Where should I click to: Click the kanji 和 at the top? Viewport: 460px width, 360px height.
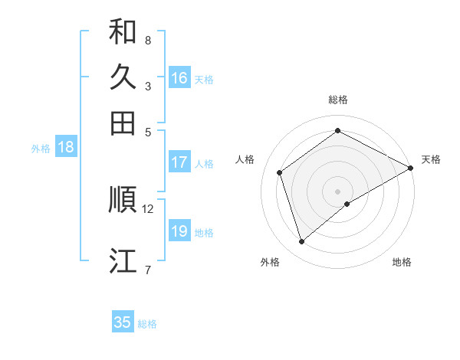[123, 31]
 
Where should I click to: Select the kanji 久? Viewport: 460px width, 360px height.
[123, 77]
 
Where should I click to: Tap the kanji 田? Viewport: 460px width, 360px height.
[123, 123]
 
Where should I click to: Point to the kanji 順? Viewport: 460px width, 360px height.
[123, 199]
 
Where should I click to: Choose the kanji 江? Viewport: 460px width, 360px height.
[123, 260]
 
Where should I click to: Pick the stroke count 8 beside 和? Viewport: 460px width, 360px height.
[148, 40]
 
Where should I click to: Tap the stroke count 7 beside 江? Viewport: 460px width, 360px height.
[148, 270]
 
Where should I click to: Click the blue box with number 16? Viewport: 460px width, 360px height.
[179, 78]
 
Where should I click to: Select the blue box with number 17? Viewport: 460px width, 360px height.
[179, 162]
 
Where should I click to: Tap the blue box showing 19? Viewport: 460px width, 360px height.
[179, 231]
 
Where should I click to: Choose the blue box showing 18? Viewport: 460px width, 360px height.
[66, 148]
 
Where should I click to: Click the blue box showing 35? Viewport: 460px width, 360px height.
[123, 322]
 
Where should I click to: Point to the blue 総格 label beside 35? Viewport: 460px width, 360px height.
[147, 324]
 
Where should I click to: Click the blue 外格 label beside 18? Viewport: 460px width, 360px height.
[41, 149]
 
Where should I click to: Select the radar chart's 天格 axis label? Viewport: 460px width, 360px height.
[431, 159]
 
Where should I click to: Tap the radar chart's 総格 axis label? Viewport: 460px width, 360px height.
[338, 100]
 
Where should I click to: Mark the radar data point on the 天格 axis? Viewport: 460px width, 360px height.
[411, 169]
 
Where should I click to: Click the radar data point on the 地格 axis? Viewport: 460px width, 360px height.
[347, 204]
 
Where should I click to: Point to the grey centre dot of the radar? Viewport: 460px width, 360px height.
[338, 191]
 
